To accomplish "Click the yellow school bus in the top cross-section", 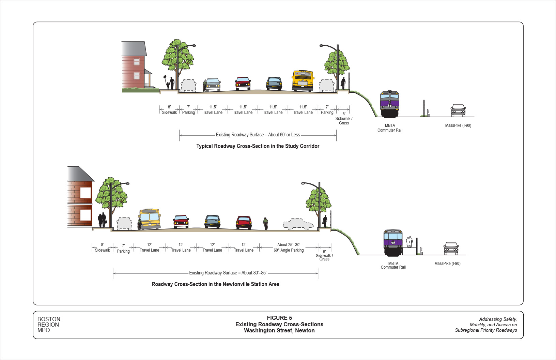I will coord(303,81).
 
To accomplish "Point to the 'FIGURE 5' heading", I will coord(279,318).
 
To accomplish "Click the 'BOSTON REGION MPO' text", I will coord(49,325).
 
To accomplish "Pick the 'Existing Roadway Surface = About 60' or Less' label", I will coord(258,135).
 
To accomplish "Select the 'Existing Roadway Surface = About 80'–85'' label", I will coord(228,273).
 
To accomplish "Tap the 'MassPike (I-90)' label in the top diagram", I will coord(458,125).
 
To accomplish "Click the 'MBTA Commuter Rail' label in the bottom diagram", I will coord(393,265).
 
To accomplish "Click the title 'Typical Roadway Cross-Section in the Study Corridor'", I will coord(258,146).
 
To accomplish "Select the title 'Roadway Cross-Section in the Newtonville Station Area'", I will coord(215,284).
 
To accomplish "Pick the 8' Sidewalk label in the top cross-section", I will coord(169,110).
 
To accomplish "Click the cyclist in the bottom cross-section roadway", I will coord(265,223).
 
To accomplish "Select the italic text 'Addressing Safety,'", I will coord(498,319).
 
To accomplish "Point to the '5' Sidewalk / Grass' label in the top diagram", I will coord(344,118).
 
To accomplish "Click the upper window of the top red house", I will coord(136,62).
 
